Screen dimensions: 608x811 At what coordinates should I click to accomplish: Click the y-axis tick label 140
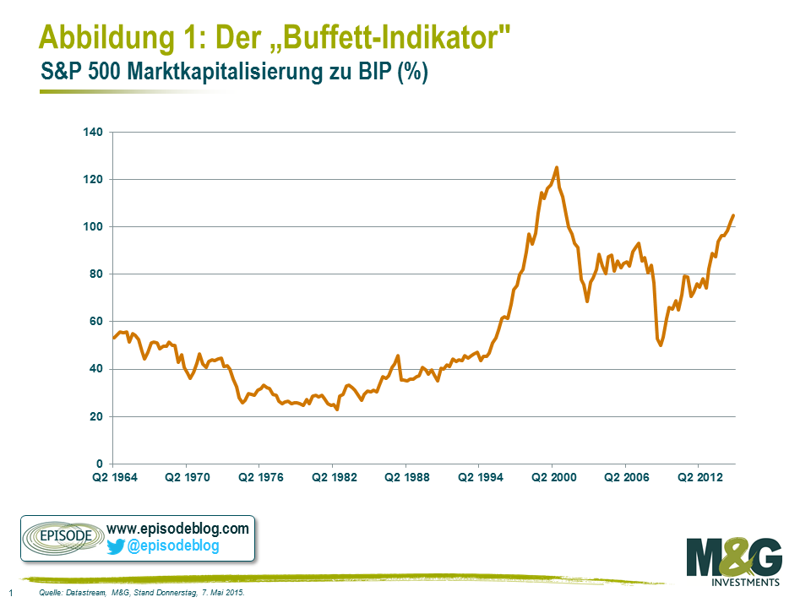tap(92, 133)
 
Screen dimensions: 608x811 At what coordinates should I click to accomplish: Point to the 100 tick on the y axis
tap(92, 227)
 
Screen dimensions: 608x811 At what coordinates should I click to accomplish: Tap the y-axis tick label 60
tap(95, 322)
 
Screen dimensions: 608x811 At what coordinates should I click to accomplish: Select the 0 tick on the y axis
tap(98, 464)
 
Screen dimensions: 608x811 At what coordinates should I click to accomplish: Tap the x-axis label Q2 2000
tap(552, 479)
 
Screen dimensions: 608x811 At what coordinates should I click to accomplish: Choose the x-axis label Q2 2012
tap(699, 479)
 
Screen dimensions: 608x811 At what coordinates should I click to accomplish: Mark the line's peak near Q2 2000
tap(556, 167)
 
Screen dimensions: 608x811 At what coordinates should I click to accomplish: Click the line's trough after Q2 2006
tap(661, 345)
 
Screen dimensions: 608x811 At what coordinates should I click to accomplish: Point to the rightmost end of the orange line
tap(733, 215)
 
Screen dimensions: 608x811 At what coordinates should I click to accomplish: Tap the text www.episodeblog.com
tap(178, 529)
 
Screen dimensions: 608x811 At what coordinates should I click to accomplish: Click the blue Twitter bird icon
tap(116, 546)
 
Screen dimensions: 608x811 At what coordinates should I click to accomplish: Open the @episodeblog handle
tap(173, 546)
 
